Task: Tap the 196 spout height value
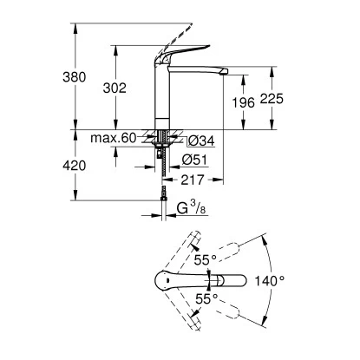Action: [245, 102]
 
